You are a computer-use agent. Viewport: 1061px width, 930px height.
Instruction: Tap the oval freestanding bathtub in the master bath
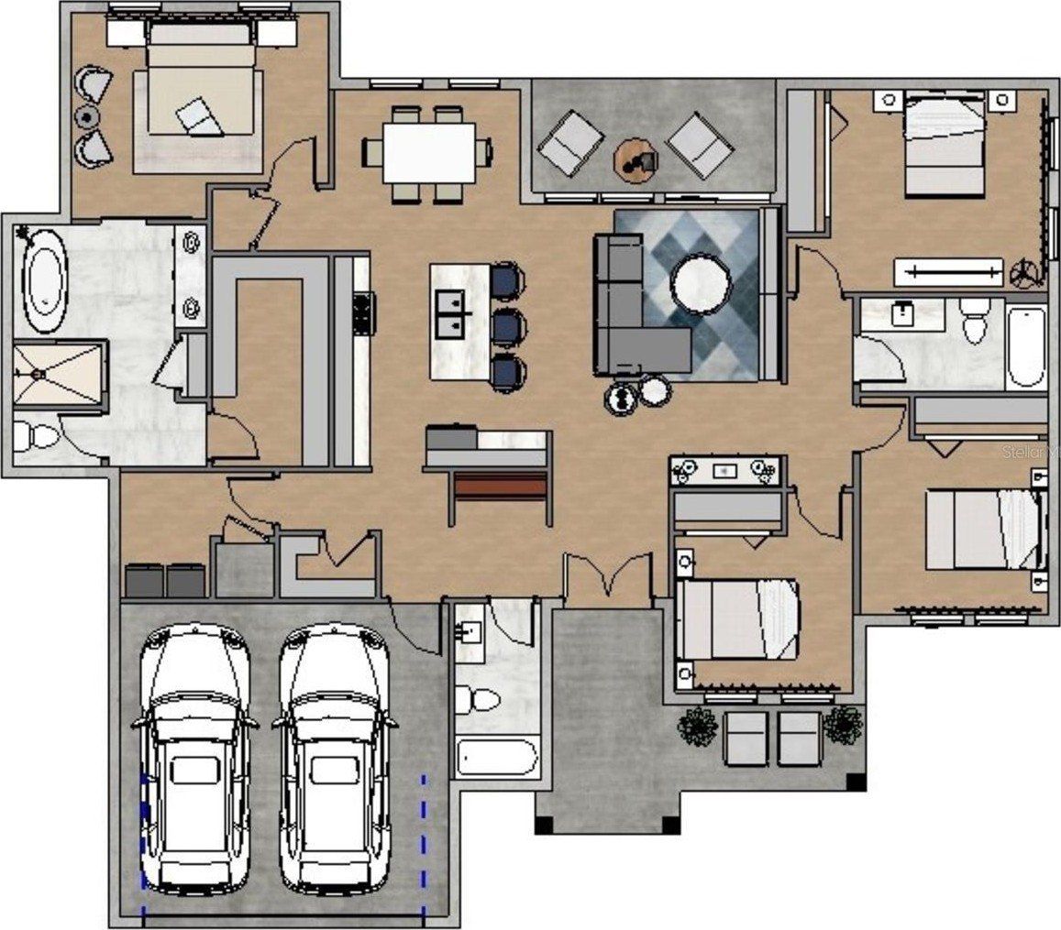pos(44,280)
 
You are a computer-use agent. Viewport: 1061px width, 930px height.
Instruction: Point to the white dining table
pos(428,153)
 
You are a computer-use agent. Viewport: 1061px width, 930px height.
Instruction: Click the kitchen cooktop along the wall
pos(362,312)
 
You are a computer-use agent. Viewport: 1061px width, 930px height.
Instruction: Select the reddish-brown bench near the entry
pos(501,487)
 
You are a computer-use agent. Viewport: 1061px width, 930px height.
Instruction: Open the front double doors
pos(607,578)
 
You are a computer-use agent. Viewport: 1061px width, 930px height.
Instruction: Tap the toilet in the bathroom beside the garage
pos(479,701)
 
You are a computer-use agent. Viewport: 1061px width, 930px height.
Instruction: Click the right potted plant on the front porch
pos(842,724)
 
